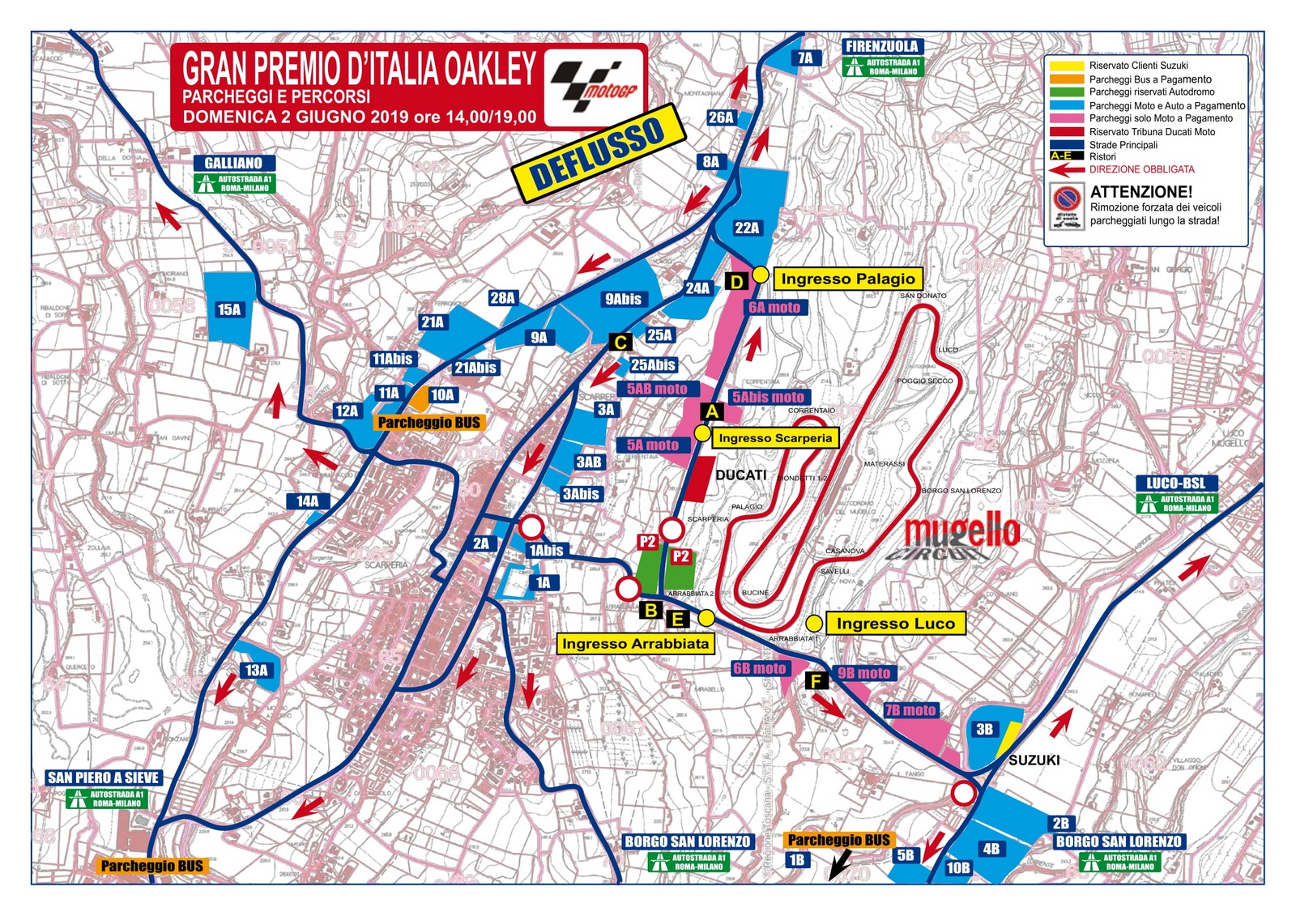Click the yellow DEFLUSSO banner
pyautogui.click(x=599, y=152)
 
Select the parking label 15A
pyautogui.click(x=229, y=309)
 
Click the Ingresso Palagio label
pyautogui.click(x=847, y=279)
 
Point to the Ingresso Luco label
pyautogui.click(x=895, y=623)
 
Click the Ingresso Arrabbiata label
pyautogui.click(x=636, y=643)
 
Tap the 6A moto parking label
pyautogui.click(x=774, y=307)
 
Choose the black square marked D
pyautogui.click(x=737, y=281)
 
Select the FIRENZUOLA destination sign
pyautogui.click(x=882, y=47)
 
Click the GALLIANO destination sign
pyautogui.click(x=233, y=163)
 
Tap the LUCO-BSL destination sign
pyautogui.click(x=1176, y=483)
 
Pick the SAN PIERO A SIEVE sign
pyautogui.click(x=104, y=778)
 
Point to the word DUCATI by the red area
pyautogui.click(x=740, y=475)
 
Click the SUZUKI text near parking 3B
pyautogui.click(x=1034, y=760)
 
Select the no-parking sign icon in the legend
pyautogui.click(x=1066, y=207)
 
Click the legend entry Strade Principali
pyautogui.click(x=1123, y=144)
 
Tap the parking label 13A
pyautogui.click(x=257, y=670)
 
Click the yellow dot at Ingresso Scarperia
pyautogui.click(x=702, y=433)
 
